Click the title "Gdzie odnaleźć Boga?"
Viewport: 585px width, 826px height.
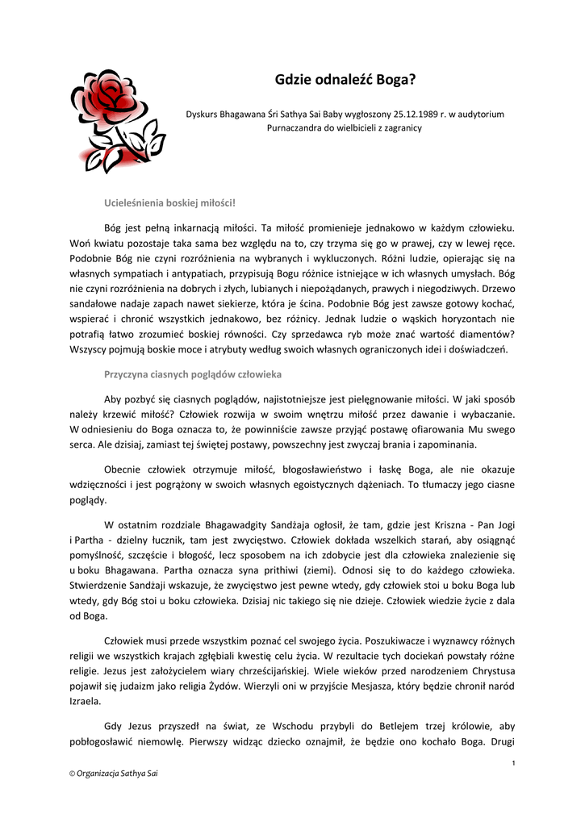(345, 81)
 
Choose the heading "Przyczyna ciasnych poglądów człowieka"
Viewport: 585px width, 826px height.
(193, 374)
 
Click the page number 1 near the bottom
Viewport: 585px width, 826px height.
(514, 763)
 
